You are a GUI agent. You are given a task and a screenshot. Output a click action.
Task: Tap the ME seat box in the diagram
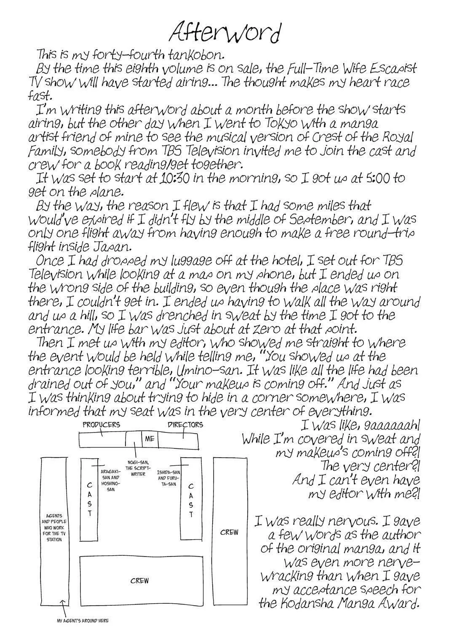[x=150, y=439]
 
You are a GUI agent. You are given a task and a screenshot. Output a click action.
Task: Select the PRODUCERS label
[x=101, y=424]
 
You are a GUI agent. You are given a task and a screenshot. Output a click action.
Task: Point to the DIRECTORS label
[x=185, y=424]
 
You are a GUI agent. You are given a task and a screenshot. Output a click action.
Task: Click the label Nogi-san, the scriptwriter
[x=138, y=468]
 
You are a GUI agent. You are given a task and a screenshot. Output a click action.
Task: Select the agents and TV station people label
[x=54, y=528]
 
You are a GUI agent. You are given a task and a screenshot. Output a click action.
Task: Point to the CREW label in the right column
[x=229, y=533]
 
